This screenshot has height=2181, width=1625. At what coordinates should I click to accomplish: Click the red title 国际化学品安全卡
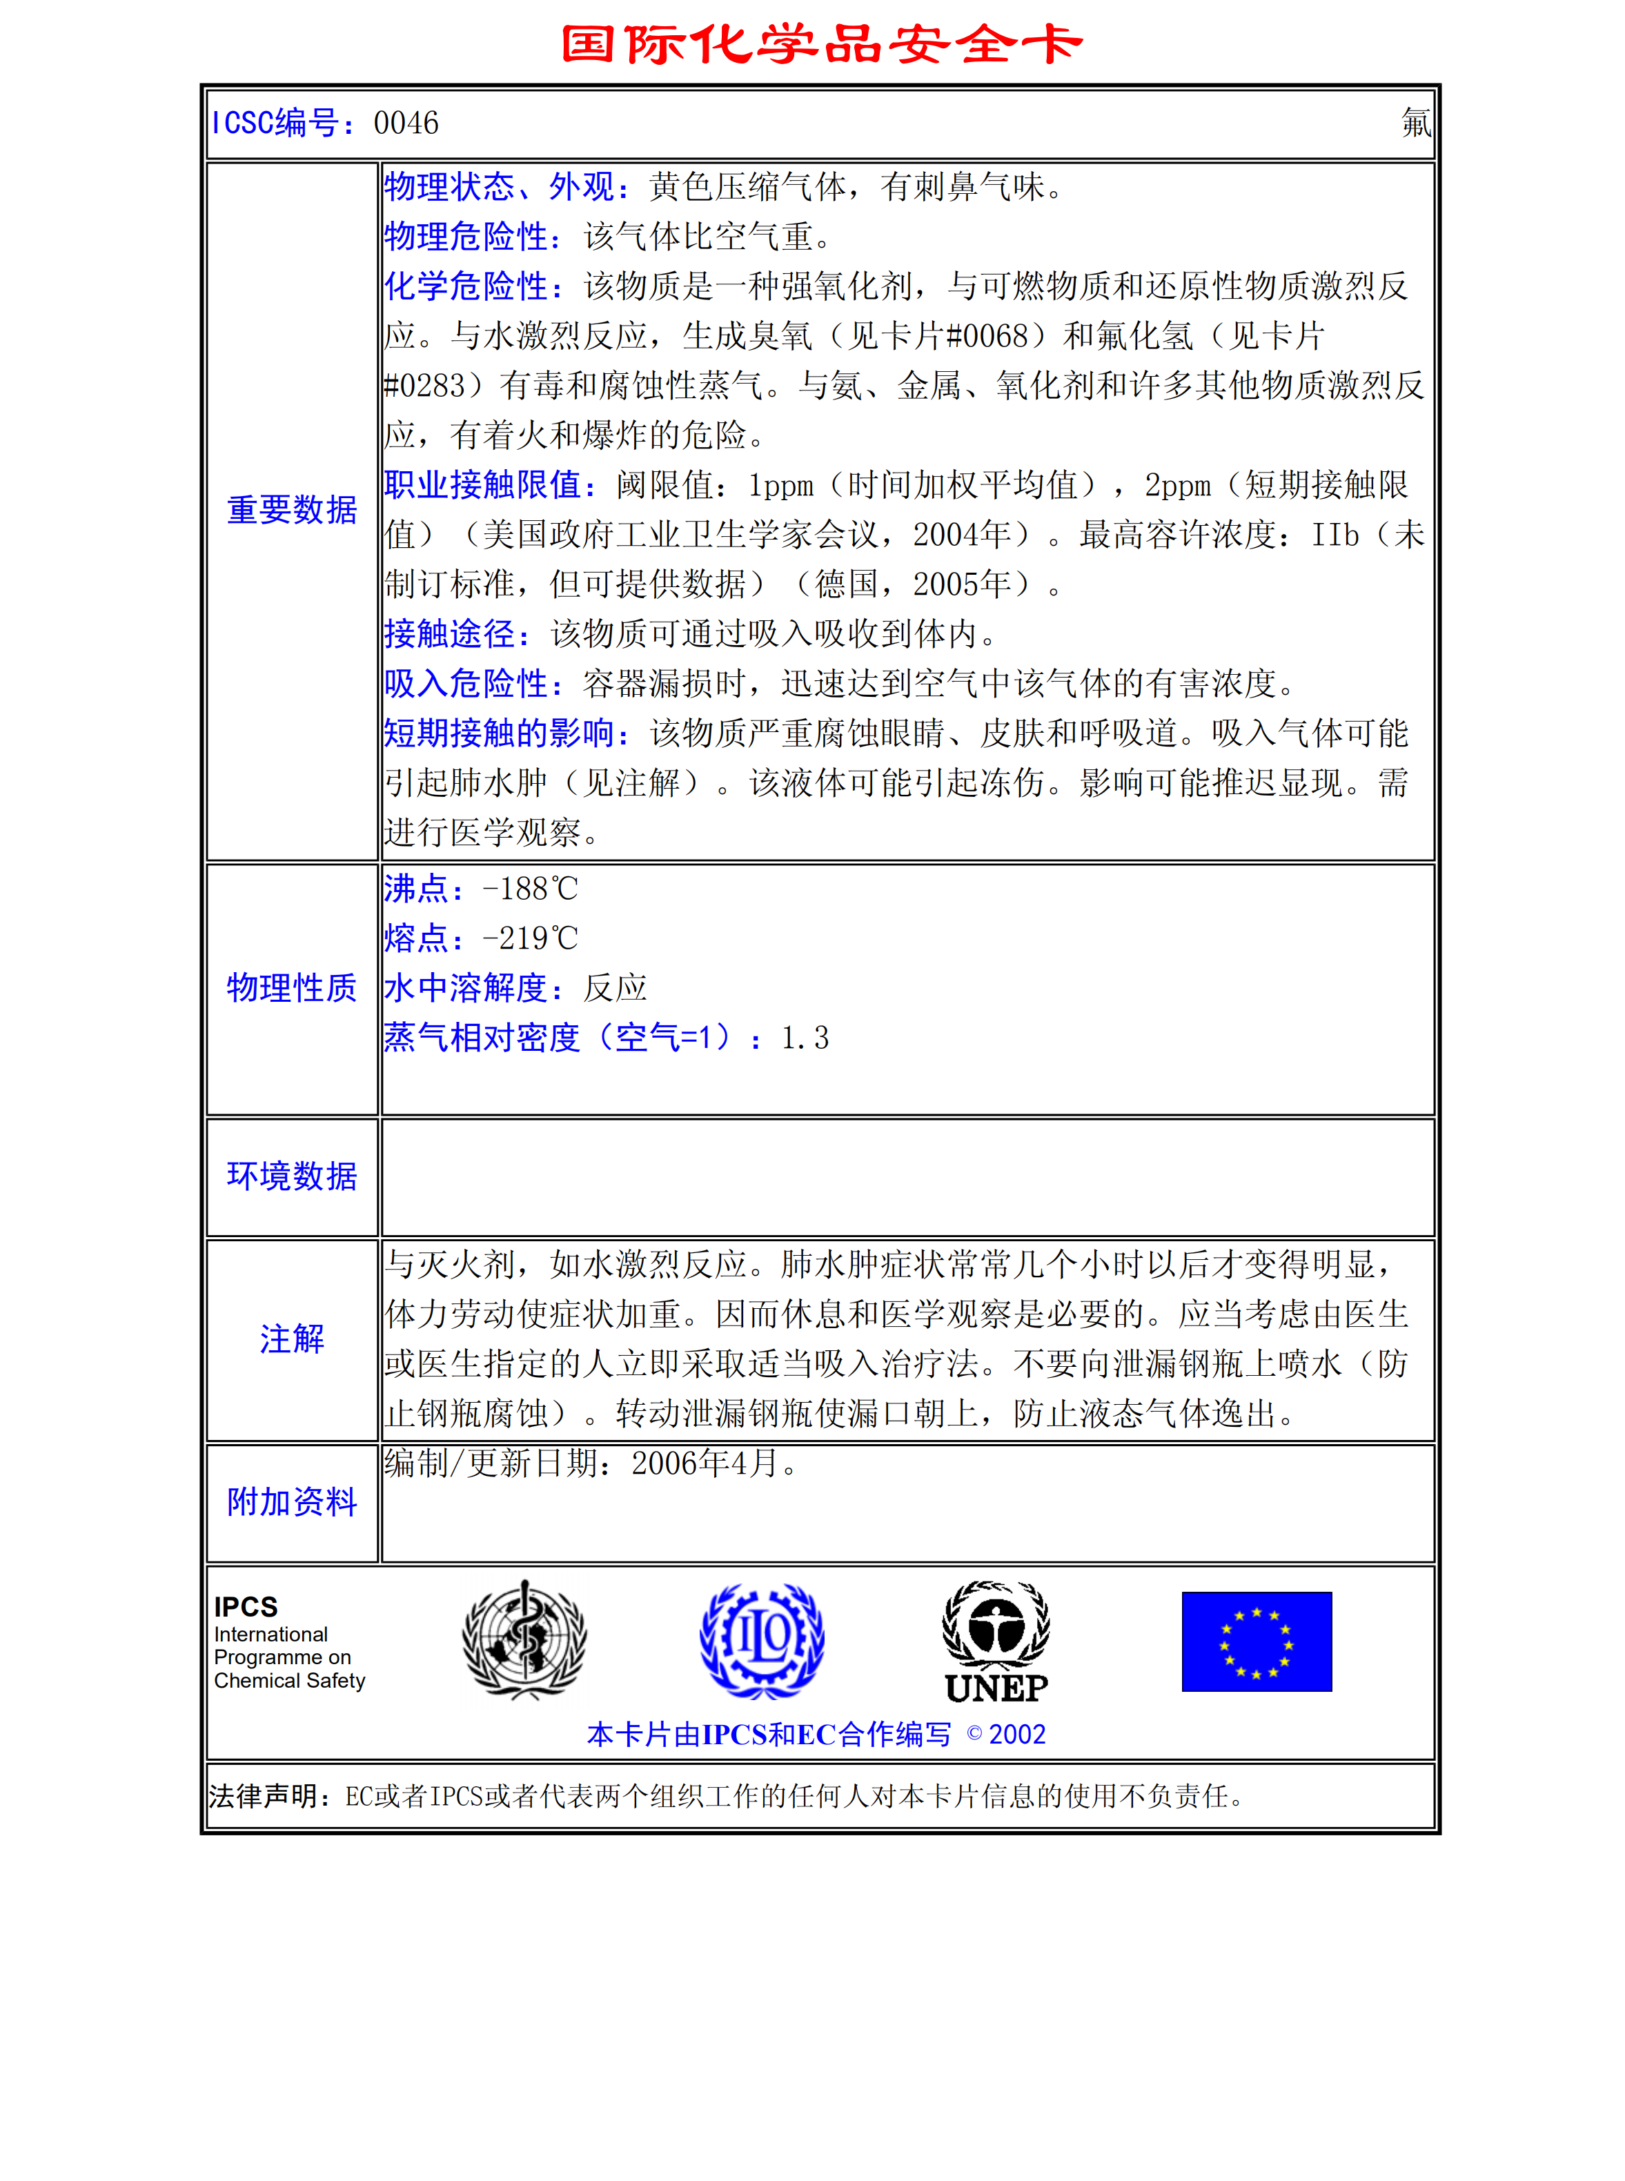click(x=821, y=44)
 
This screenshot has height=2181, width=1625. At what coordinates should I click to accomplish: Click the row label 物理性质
click(x=292, y=988)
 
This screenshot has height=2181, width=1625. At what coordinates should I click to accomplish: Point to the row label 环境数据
click(x=292, y=1176)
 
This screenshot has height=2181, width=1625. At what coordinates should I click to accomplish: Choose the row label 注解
click(x=292, y=1339)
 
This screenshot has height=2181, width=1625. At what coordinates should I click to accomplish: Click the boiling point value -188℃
click(x=530, y=889)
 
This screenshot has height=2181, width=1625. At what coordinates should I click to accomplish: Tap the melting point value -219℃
click(x=530, y=939)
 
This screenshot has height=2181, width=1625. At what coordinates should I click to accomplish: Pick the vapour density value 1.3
click(x=805, y=1038)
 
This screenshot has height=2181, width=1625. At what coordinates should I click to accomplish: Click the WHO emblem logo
click(x=525, y=1640)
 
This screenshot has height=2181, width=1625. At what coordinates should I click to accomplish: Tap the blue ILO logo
click(x=762, y=1640)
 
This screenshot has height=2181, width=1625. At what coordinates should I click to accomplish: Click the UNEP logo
click(x=996, y=1642)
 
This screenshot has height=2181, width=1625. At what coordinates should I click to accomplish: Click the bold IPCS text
click(x=246, y=1607)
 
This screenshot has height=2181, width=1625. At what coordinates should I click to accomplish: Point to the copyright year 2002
click(x=1017, y=1735)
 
